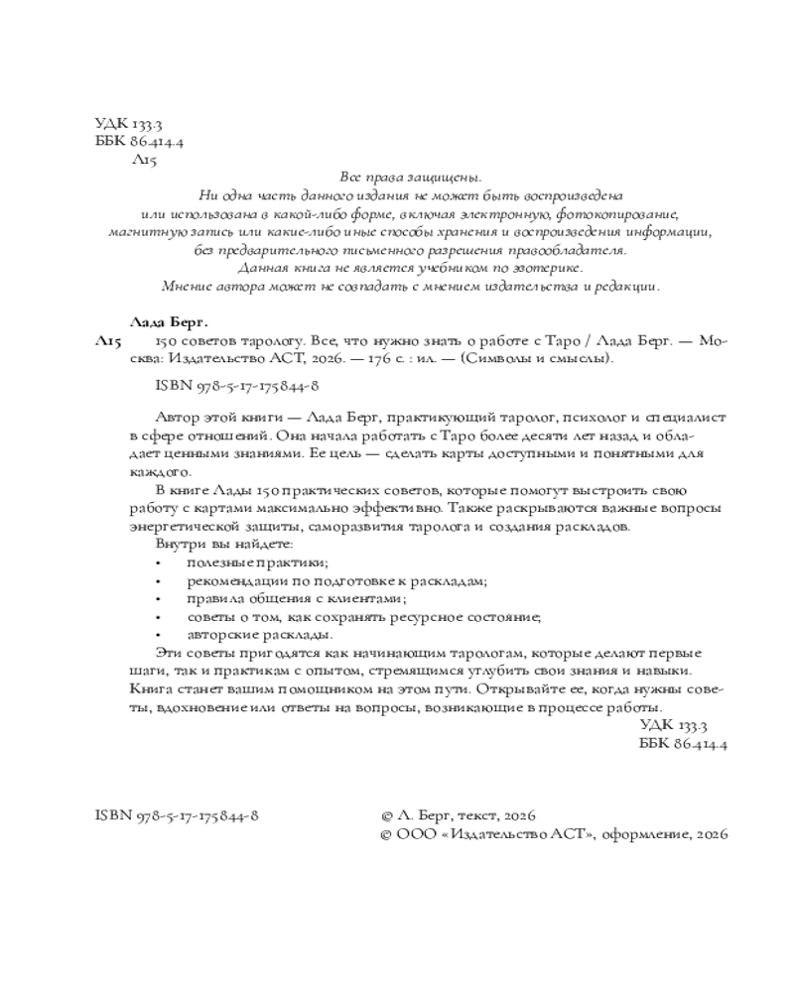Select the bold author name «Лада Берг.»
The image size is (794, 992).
tap(169, 321)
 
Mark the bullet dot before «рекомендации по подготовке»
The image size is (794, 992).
tap(160, 582)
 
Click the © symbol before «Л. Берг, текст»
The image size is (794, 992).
tap(388, 814)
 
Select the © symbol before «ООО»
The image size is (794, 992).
tap(388, 836)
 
